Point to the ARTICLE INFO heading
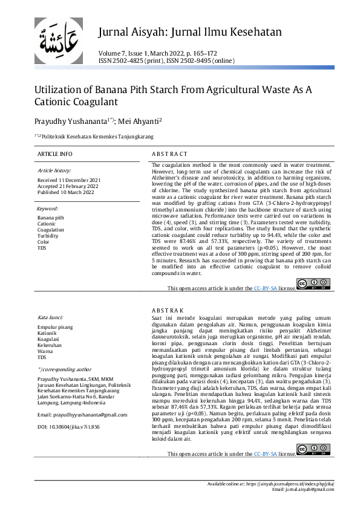55,154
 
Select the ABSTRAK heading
168,311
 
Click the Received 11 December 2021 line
69,180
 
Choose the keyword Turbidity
48,236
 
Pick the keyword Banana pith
50,218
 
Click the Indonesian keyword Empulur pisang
54,327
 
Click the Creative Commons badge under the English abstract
313,284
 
